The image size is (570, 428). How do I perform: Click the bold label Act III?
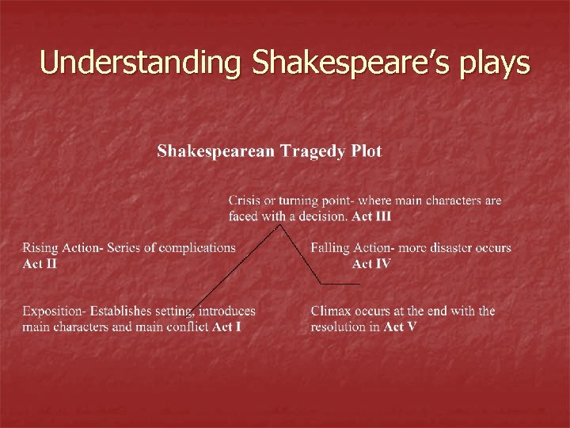(371, 216)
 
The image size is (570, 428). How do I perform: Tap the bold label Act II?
(40, 264)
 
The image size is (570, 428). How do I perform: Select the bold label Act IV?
(371, 264)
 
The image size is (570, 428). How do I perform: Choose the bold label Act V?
(401, 327)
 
